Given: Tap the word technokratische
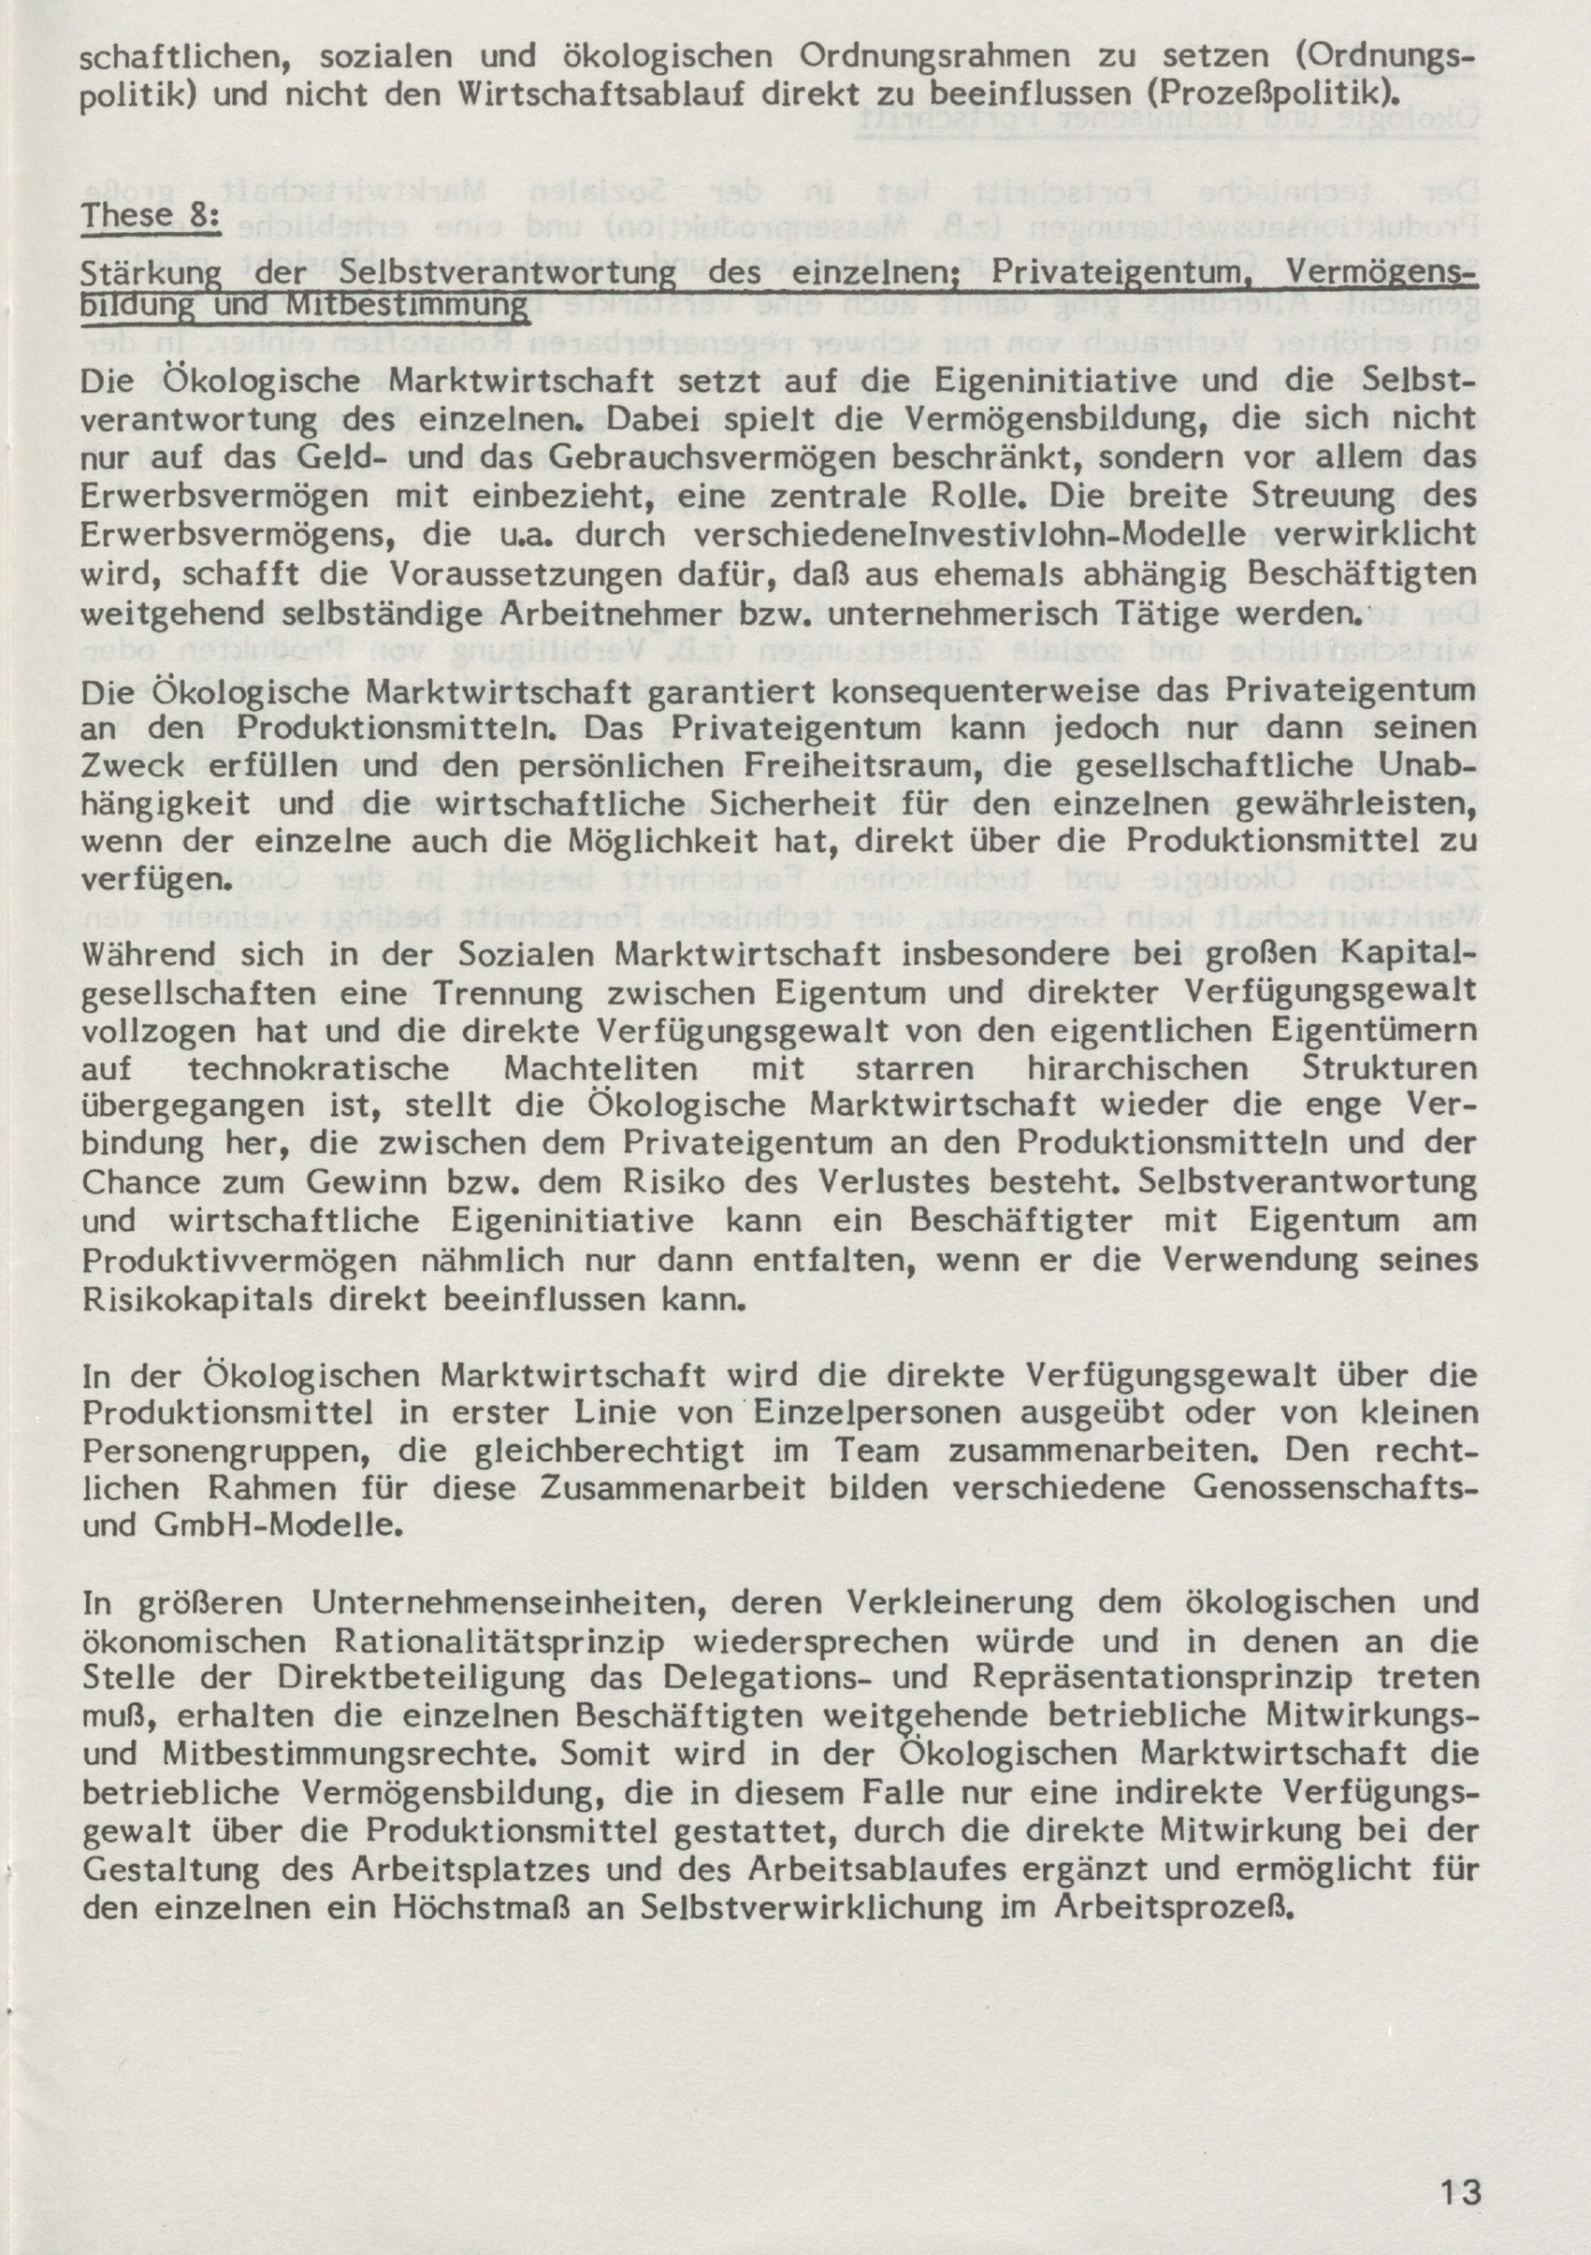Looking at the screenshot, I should coord(318,1067).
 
